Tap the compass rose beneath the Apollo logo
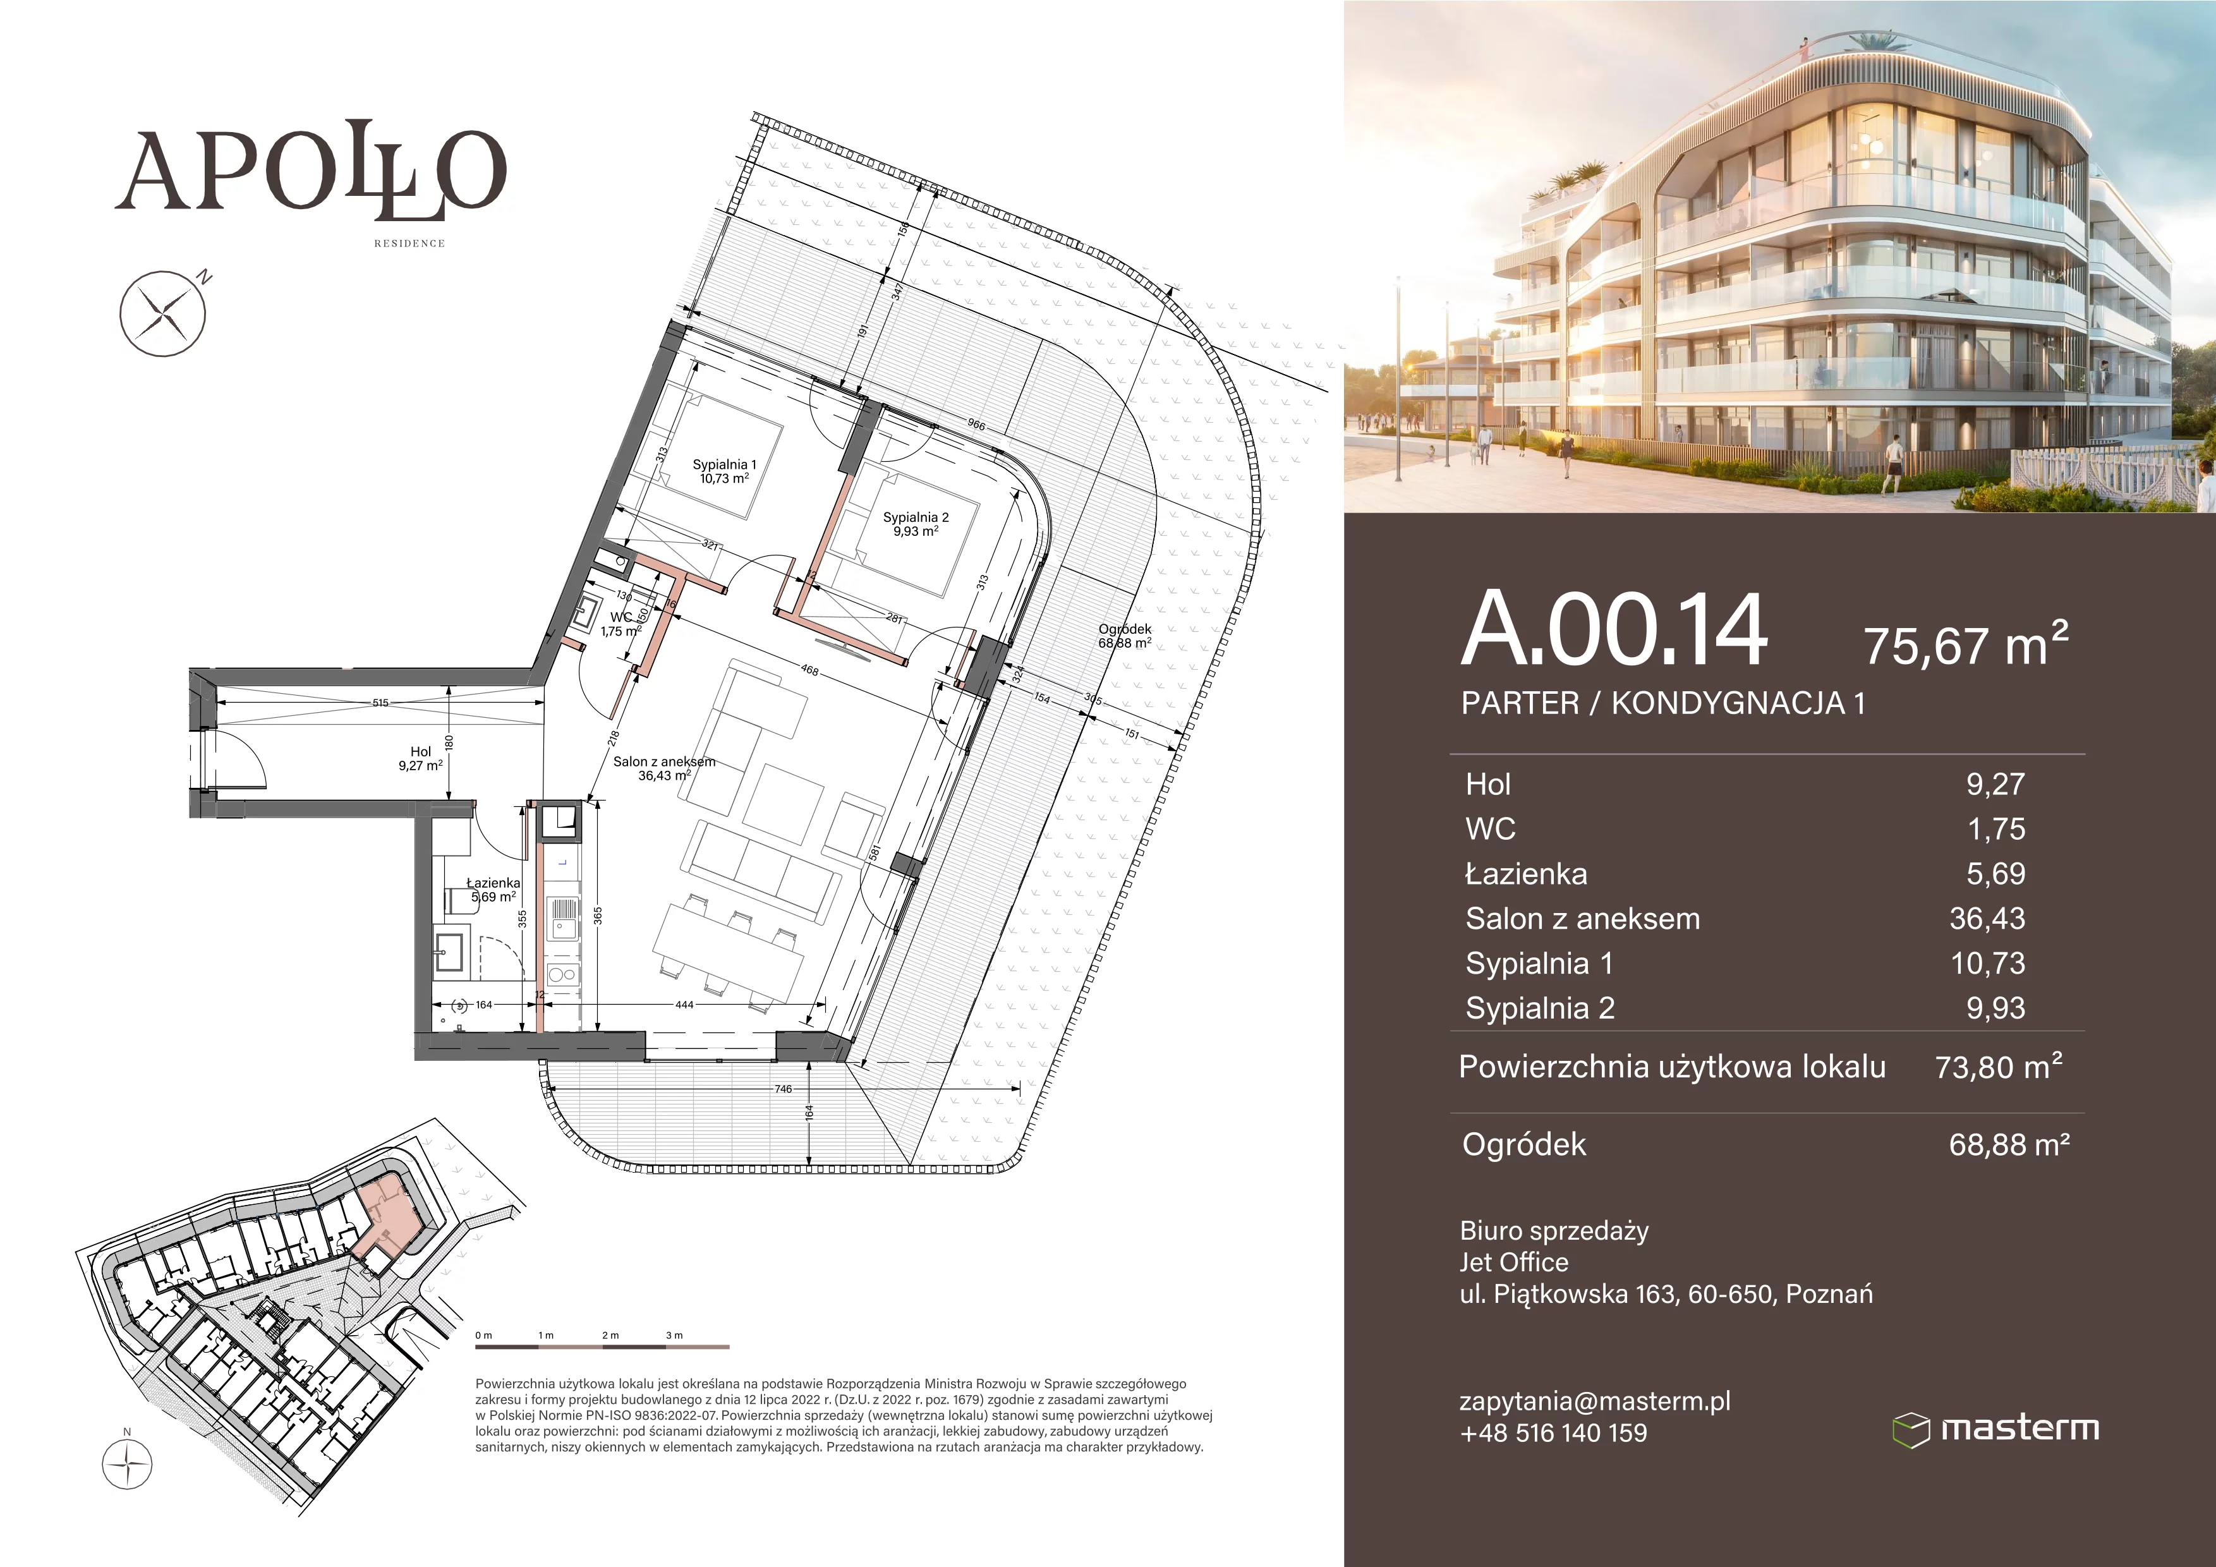tap(163, 313)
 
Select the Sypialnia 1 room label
tap(724, 471)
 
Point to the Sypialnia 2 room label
tap(916, 524)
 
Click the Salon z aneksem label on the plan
tap(664, 768)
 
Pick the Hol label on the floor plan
tap(421, 758)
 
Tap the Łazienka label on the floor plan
tap(493, 890)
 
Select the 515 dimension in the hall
tap(380, 703)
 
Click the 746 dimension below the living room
tap(783, 1089)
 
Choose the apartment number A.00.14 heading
tap(1614, 629)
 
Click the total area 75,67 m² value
tap(1966, 644)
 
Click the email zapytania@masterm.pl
tap(1594, 1401)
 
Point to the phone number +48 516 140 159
tap(1554, 1433)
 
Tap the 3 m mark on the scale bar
tap(674, 1335)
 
